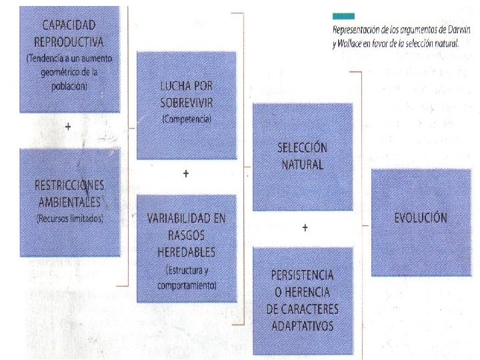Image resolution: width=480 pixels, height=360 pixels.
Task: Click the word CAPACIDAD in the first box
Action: coord(69,25)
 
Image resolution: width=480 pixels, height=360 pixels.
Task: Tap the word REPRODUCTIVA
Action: coord(69,41)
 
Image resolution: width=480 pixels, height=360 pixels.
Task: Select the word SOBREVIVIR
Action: coord(186,103)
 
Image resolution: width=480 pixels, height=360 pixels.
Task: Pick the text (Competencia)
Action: coord(186,119)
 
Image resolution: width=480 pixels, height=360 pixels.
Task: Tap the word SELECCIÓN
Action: coord(303,148)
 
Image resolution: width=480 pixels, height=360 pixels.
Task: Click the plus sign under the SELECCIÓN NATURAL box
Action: coord(304,228)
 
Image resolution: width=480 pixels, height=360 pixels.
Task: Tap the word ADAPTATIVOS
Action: coord(303,325)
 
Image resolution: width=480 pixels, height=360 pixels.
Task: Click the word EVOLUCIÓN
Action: coord(420,217)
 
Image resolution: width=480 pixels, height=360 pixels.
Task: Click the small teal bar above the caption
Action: coord(344,15)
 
